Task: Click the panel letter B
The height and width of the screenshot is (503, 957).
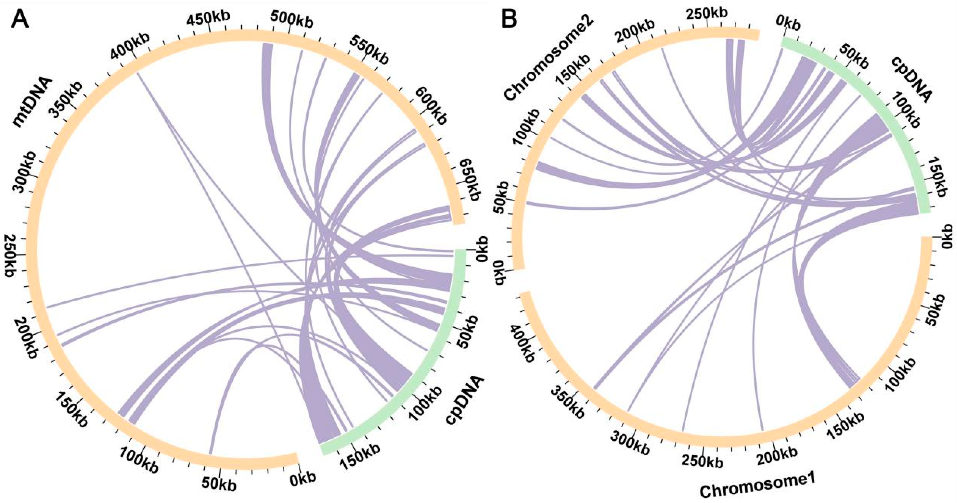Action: click(509, 18)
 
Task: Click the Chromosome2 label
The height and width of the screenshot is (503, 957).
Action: click(548, 59)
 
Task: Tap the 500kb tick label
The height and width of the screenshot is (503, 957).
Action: click(292, 19)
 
